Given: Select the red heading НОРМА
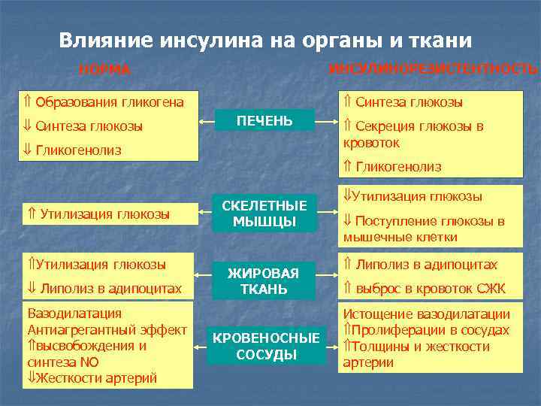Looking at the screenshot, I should [105, 70].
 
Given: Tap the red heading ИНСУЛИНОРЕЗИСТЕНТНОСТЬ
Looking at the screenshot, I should [434, 68].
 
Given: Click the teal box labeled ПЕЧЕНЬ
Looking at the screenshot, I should [264, 120].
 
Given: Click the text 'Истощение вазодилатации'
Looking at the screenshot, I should [426, 315].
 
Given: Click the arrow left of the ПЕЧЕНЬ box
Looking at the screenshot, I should [207, 120].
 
